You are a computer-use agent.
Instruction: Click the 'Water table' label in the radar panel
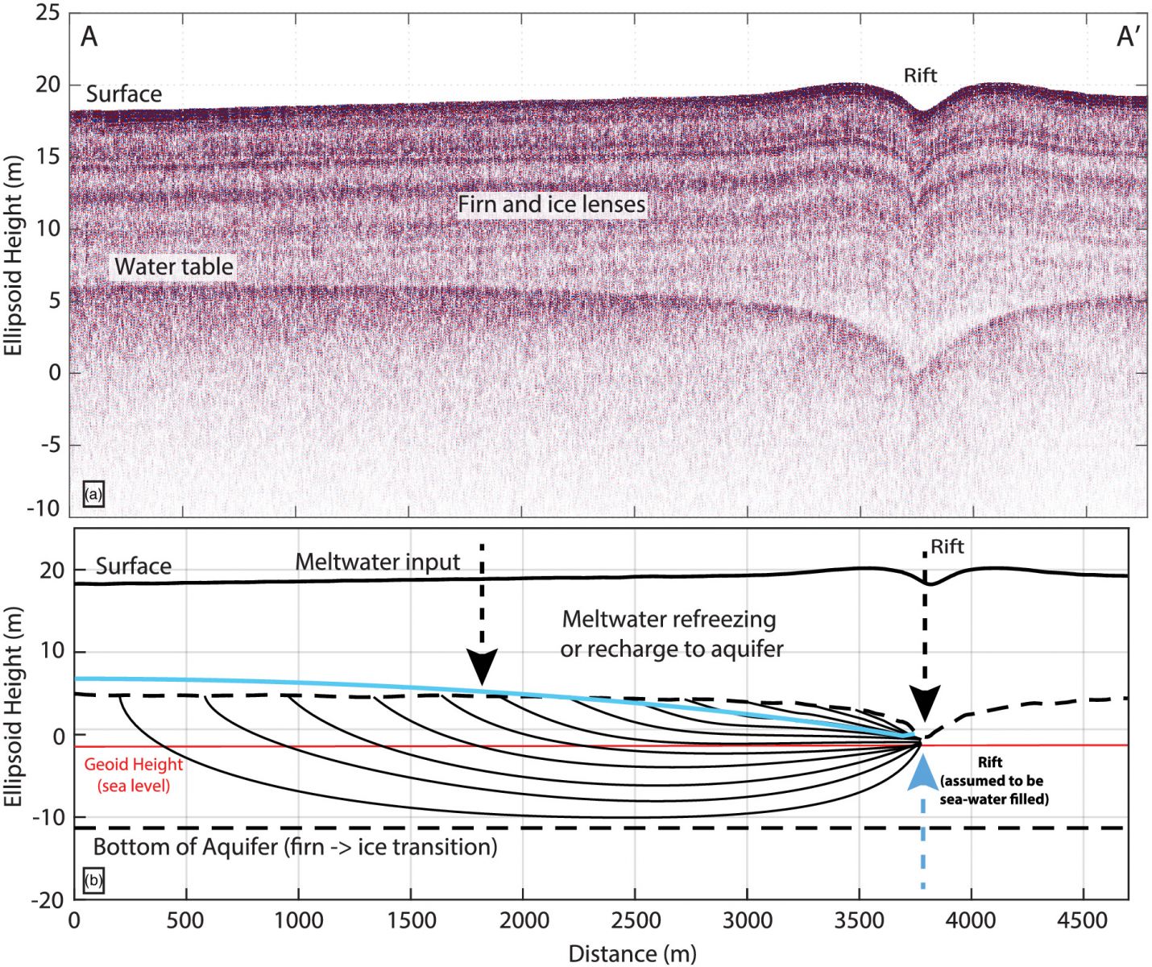173,267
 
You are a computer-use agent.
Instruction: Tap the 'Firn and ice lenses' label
552,205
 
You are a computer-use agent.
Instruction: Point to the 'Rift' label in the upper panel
920,76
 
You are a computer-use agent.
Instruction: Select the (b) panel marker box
93,880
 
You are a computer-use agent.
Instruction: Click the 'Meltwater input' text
377,562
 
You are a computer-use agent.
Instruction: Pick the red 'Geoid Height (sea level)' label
134,774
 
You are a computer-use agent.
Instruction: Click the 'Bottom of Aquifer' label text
295,847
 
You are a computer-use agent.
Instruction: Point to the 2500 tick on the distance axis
635,920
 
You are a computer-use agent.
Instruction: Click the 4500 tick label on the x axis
1082,920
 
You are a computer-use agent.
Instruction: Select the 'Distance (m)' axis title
632,954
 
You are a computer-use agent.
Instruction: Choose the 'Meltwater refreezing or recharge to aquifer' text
671,633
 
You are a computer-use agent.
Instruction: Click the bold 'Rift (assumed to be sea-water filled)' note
993,781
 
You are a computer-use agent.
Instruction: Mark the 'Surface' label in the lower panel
133,567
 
